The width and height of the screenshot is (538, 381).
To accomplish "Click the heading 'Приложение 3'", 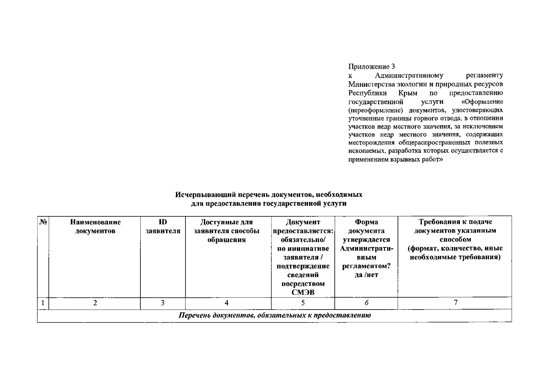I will coord(372,67).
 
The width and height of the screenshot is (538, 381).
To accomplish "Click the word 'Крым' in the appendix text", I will coord(408,93).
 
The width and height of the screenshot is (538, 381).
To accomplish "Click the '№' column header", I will coord(43,222).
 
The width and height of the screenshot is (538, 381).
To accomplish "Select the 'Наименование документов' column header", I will coord(95,227).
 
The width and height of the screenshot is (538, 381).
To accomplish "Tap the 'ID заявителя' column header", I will coord(163,227).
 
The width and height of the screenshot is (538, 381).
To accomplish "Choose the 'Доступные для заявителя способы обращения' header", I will coord(226,231).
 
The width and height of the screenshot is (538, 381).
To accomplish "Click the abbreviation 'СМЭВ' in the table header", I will coord(303,292).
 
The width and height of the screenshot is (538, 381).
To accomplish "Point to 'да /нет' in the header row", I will coord(367,275).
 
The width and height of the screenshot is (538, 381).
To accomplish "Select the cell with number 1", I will coord(43,303).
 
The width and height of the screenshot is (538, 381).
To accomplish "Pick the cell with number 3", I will coord(163,303).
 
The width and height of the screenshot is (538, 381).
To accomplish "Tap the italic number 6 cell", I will coord(367,303).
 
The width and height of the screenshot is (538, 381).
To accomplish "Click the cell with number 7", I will coord(455,303).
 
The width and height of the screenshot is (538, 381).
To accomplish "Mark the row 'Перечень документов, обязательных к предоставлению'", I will coord(274,316).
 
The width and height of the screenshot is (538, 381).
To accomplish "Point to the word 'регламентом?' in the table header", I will coord(367,266).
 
